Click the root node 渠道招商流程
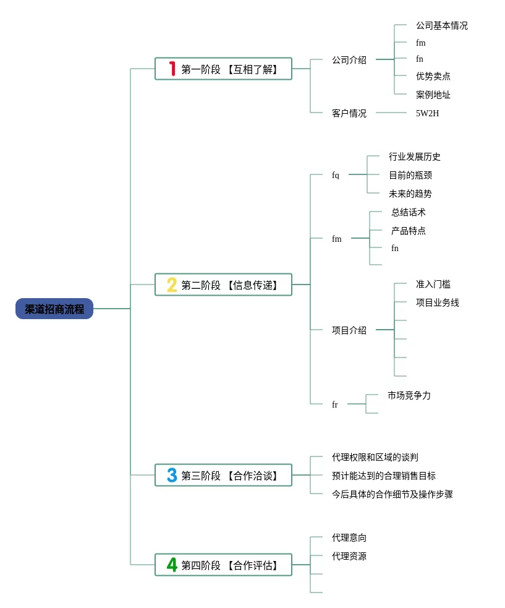[54, 309]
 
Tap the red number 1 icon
[172, 69]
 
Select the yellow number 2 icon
[172, 285]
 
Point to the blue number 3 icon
[172, 475]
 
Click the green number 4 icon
[172, 565]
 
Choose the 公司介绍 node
[349, 60]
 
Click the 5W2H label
[427, 113]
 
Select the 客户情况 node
[349, 113]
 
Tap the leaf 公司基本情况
[441, 25]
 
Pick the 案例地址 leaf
[433, 95]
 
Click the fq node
[335, 175]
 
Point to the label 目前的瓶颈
[410, 175]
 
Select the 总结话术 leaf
[408, 212]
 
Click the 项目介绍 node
[349, 330]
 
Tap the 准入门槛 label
[433, 284]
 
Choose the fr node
[334, 405]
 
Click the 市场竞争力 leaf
[409, 395]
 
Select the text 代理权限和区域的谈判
[375, 457]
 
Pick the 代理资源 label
[349, 556]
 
